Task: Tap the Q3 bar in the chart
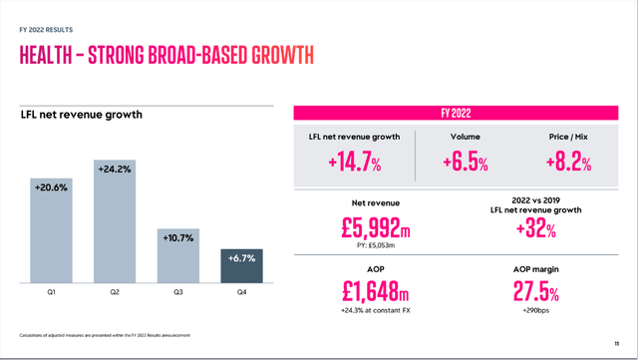pyautogui.click(x=179, y=256)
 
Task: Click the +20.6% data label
pyautogui.click(x=51, y=186)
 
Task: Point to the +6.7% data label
pyautogui.click(x=242, y=258)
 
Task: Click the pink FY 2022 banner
pyautogui.click(x=456, y=113)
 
